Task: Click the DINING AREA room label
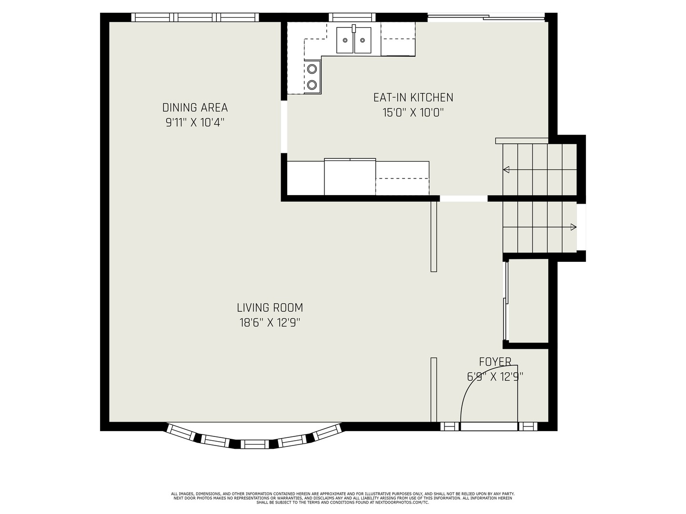tap(195, 108)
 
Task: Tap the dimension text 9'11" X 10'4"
tap(195, 123)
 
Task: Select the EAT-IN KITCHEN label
tap(413, 98)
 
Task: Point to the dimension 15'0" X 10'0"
tap(413, 112)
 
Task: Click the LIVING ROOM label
tap(270, 308)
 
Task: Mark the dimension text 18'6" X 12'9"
tap(270, 323)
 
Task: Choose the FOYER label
tap(495, 362)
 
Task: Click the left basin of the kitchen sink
tap(345, 40)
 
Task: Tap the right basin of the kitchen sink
tap(363, 40)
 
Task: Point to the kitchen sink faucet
tap(354, 29)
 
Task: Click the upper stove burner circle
tap(312, 69)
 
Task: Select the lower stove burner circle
tap(312, 84)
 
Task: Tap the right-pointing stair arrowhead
tap(574, 227)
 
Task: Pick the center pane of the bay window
tap(254, 445)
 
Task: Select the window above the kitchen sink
tap(352, 17)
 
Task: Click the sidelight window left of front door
tap(450, 426)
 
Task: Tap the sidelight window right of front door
tap(528, 426)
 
